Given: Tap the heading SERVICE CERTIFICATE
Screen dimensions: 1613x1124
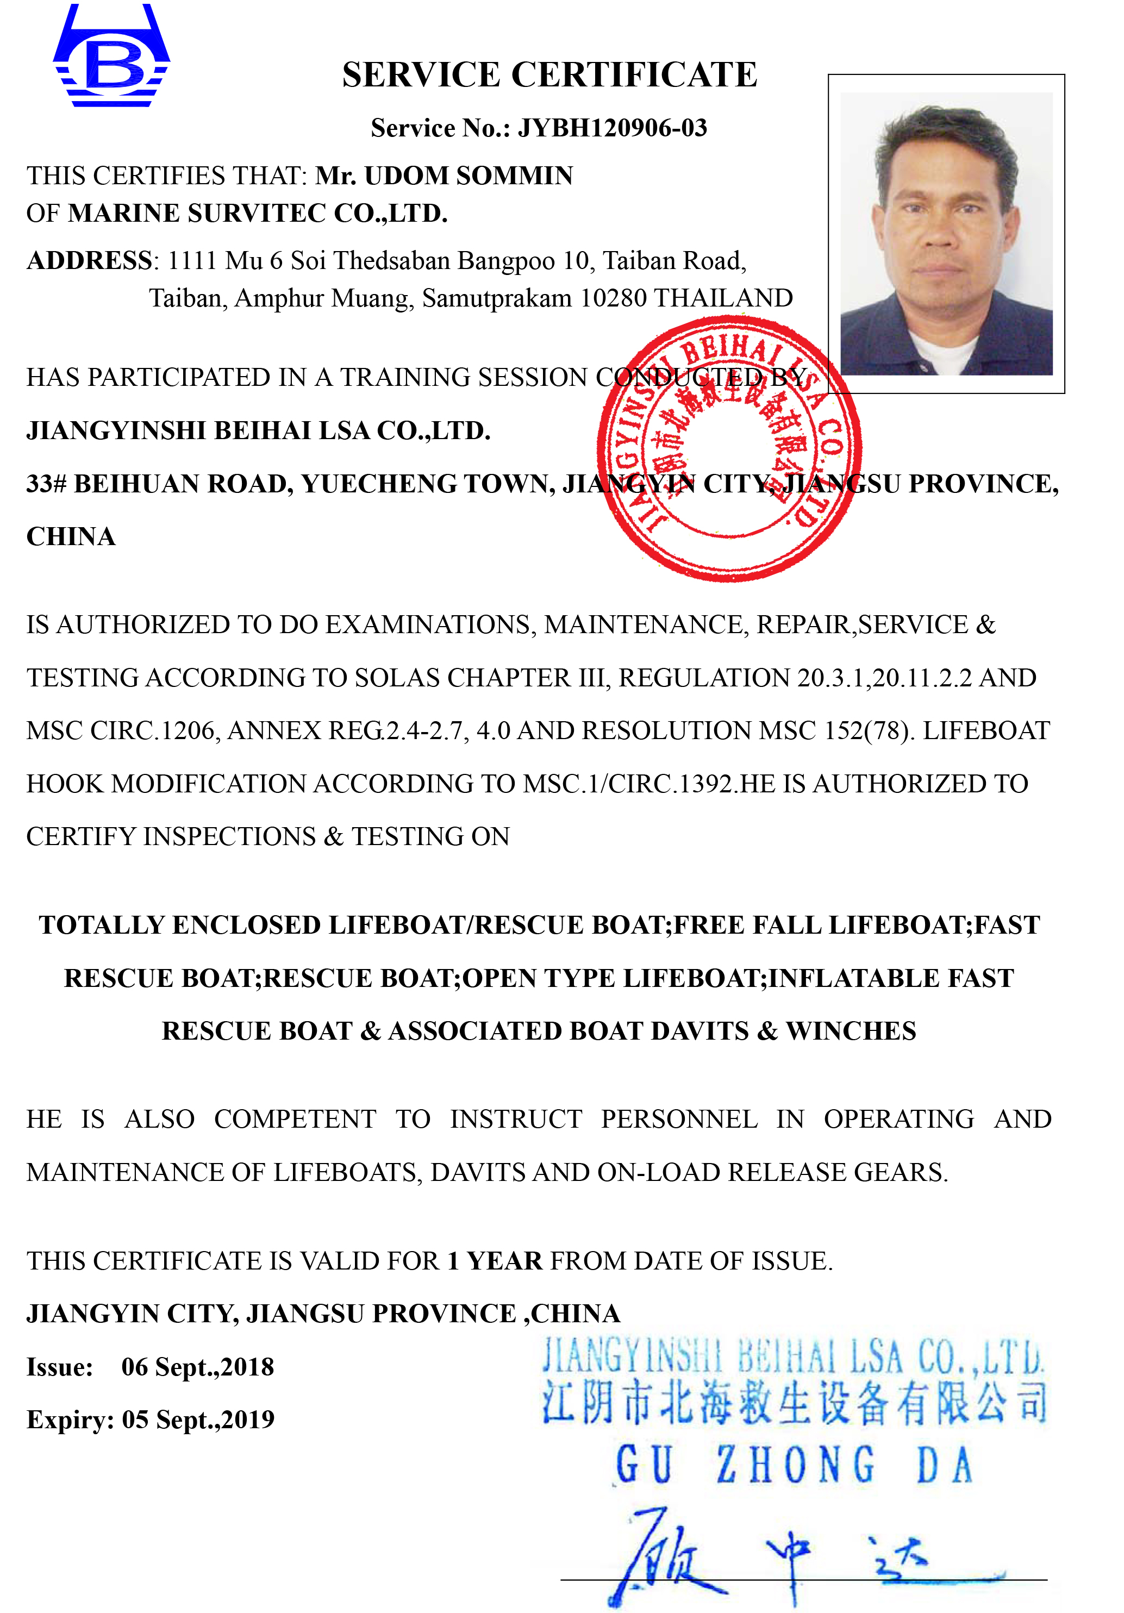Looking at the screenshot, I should click(549, 75).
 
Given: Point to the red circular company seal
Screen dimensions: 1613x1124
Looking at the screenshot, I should click(729, 448).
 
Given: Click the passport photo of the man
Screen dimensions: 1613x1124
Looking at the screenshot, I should click(946, 234).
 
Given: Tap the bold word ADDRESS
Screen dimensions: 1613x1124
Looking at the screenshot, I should click(89, 261).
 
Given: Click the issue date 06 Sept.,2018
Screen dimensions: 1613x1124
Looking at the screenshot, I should click(197, 1366).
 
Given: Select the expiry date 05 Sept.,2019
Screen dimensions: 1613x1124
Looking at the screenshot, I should click(198, 1419).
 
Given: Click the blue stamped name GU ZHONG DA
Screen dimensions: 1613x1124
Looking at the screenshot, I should click(794, 1465).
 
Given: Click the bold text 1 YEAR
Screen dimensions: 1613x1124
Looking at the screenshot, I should click(495, 1260).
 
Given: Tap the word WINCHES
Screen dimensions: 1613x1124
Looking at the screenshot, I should click(850, 1030).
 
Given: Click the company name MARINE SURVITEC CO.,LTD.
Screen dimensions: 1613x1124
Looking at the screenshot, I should click(258, 214).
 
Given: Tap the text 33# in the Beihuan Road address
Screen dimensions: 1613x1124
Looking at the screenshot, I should click(46, 484).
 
